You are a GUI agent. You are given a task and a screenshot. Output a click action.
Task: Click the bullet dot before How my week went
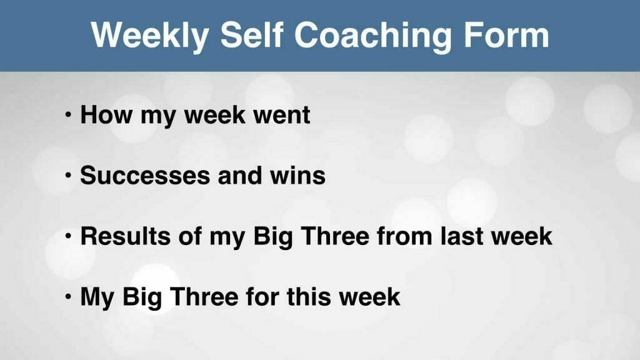pos(68,115)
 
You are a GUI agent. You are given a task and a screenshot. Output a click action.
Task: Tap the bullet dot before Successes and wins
pos(68,176)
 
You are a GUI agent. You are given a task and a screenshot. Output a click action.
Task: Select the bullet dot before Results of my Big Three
pos(68,236)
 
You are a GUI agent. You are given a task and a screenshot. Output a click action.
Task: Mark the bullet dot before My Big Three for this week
pos(68,297)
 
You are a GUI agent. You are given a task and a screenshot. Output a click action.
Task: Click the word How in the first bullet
pos(106,115)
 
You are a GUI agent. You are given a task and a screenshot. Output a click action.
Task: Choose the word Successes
pos(144,176)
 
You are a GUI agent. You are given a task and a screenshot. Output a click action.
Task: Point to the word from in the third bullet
pos(404,236)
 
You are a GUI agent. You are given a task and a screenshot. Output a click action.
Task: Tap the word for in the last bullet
pos(262,296)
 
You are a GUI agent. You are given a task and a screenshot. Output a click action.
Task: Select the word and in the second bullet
pos(239,176)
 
